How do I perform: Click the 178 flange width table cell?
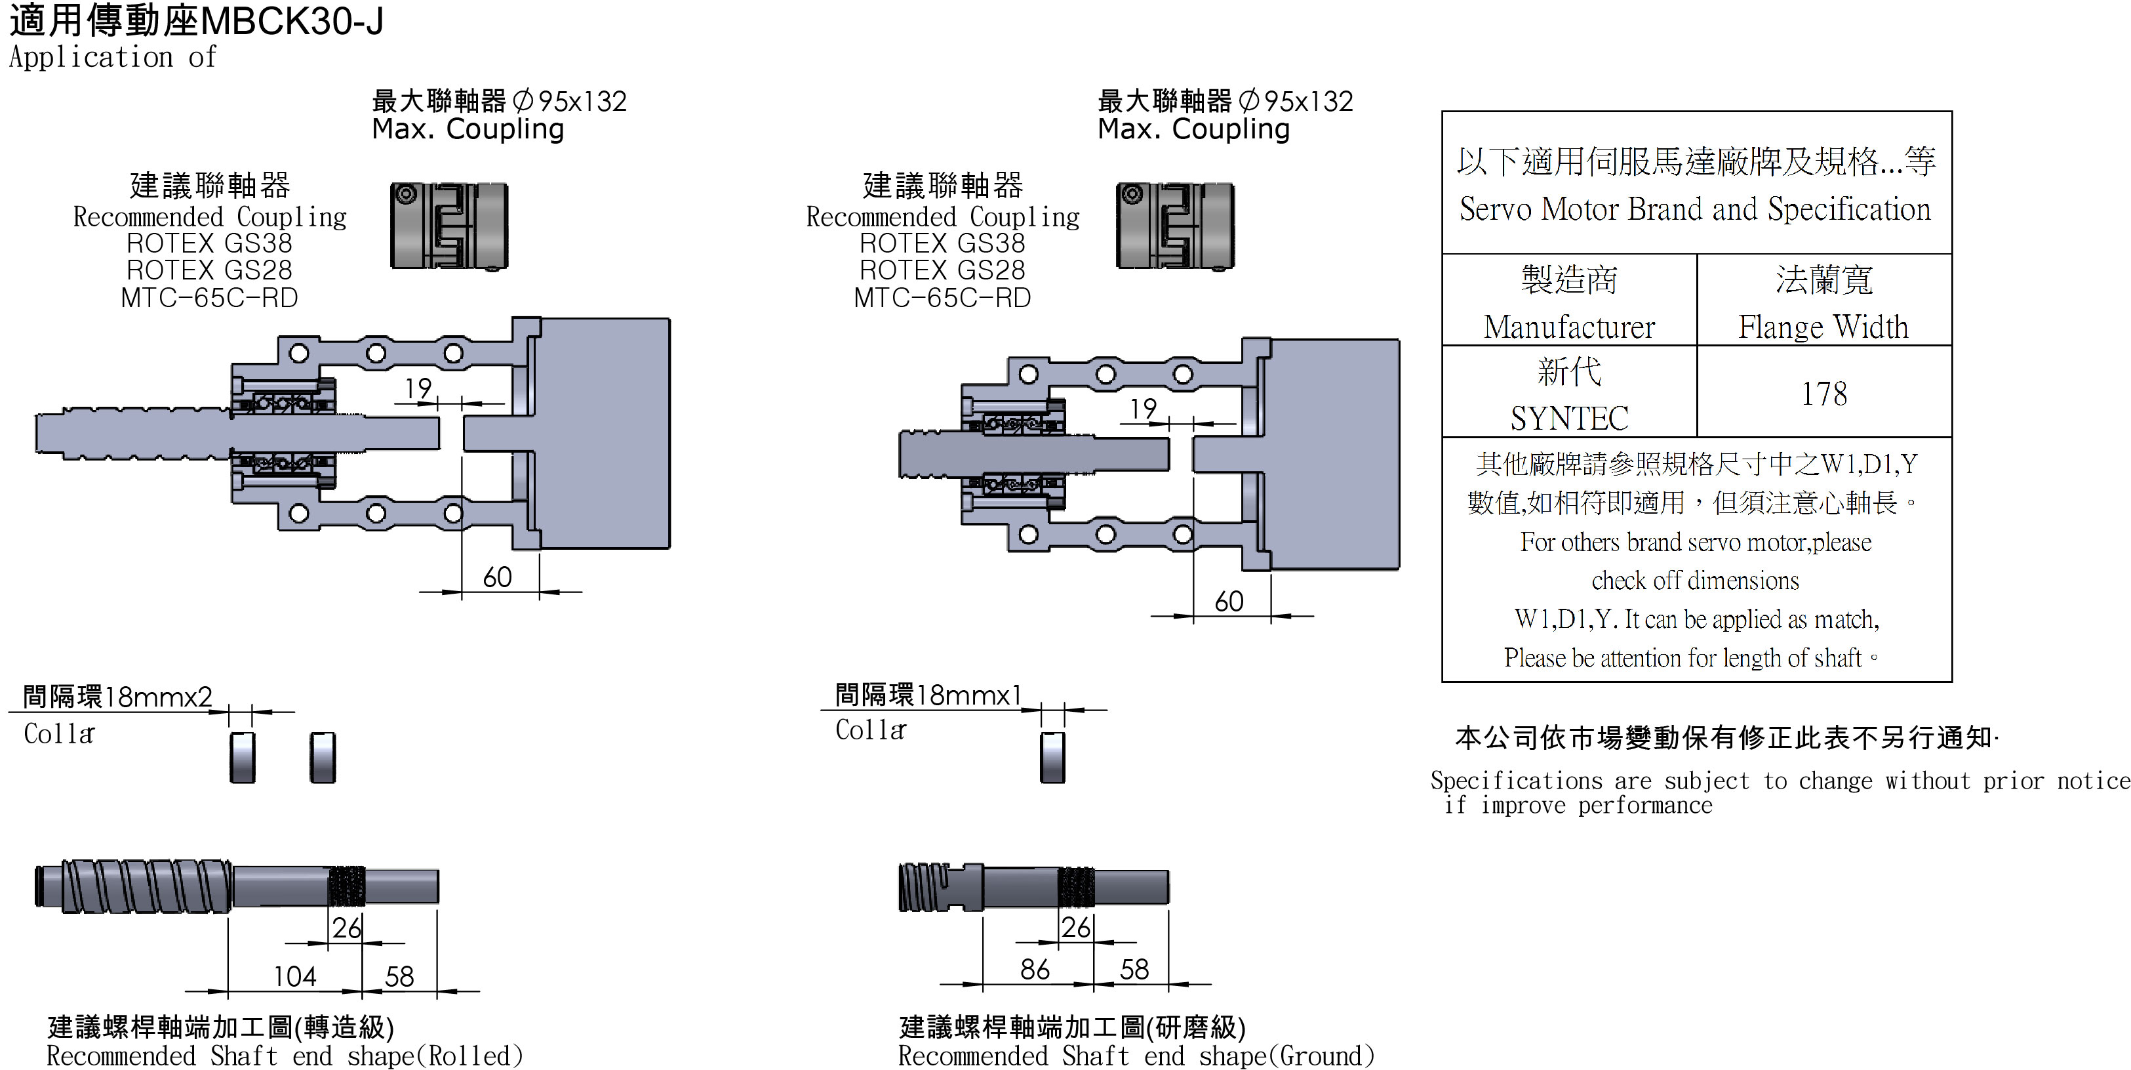click(1823, 393)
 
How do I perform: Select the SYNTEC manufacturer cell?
click(1568, 418)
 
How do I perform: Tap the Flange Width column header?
click(1823, 326)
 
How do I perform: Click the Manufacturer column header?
click(1568, 326)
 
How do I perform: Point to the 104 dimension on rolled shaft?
click(294, 976)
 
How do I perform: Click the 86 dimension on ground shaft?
click(1034, 968)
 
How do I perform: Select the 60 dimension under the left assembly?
click(497, 577)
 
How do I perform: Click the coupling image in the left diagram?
click(448, 226)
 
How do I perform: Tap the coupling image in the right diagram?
click(1175, 226)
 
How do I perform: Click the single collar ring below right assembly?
click(1052, 756)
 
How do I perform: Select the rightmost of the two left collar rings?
click(323, 756)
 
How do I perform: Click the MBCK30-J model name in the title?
click(291, 22)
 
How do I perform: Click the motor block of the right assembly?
click(1334, 453)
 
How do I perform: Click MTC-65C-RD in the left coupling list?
click(209, 297)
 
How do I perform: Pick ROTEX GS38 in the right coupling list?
click(942, 243)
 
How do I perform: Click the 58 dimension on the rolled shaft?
click(399, 976)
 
